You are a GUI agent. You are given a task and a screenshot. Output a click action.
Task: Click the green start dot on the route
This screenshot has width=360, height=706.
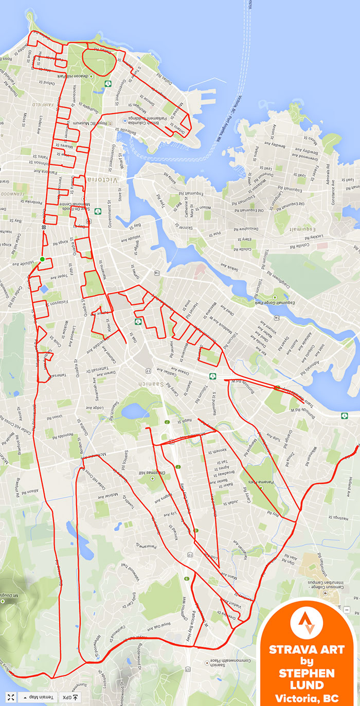tap(42, 259)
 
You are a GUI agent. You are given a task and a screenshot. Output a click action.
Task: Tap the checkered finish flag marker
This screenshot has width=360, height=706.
tap(44, 227)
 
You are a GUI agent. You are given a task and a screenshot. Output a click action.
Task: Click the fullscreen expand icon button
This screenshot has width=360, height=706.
tap(10, 698)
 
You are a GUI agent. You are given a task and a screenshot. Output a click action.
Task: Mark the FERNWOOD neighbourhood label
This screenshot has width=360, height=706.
tap(11, 194)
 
